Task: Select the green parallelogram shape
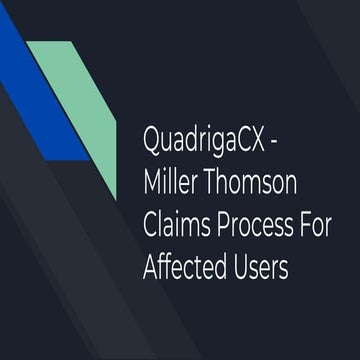[80, 100]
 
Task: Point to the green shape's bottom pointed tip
[115, 196]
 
